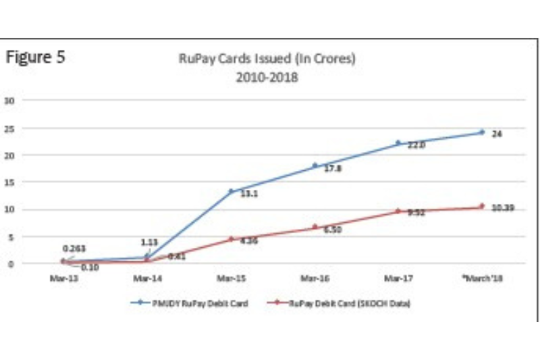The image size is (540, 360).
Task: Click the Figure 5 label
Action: (36, 57)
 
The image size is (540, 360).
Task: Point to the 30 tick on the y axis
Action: (9, 101)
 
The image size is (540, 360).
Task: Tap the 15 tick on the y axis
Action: (9, 182)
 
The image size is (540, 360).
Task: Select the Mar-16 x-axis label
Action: (315, 278)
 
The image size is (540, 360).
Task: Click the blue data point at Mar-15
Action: (231, 191)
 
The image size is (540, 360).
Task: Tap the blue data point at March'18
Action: (481, 132)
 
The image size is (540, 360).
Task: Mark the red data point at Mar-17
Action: (398, 211)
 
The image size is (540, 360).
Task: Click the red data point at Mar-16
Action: (315, 227)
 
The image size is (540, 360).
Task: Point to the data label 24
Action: (497, 134)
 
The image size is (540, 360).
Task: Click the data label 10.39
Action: (503, 208)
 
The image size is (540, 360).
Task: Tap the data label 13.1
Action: (250, 193)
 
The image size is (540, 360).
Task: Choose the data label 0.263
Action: (74, 249)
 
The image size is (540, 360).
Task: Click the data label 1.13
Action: (149, 241)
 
